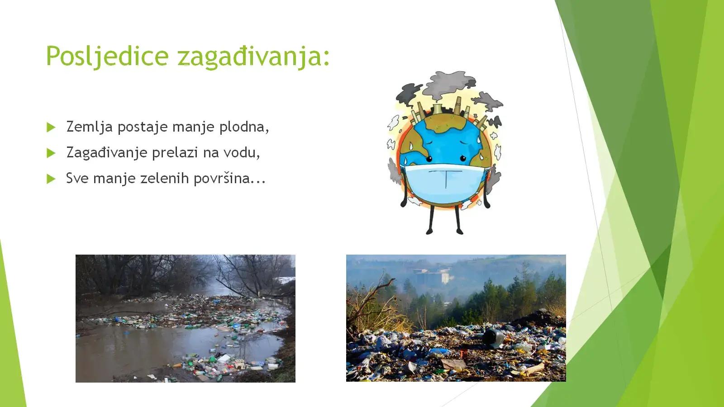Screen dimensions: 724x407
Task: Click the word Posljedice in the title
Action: (x=107, y=56)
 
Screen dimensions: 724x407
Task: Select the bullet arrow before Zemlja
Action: (x=51, y=127)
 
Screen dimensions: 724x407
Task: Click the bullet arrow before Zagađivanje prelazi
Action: (x=51, y=153)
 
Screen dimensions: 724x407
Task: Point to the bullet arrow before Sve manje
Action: (x=51, y=179)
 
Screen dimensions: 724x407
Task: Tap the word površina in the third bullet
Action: (x=221, y=179)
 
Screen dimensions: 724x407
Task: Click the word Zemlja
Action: (x=89, y=127)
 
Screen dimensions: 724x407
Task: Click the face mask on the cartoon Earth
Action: (x=445, y=183)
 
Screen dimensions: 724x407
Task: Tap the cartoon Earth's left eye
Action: (x=429, y=159)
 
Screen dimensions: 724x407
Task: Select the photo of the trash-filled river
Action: (x=186, y=318)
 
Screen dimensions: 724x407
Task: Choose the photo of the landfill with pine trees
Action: (x=456, y=318)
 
